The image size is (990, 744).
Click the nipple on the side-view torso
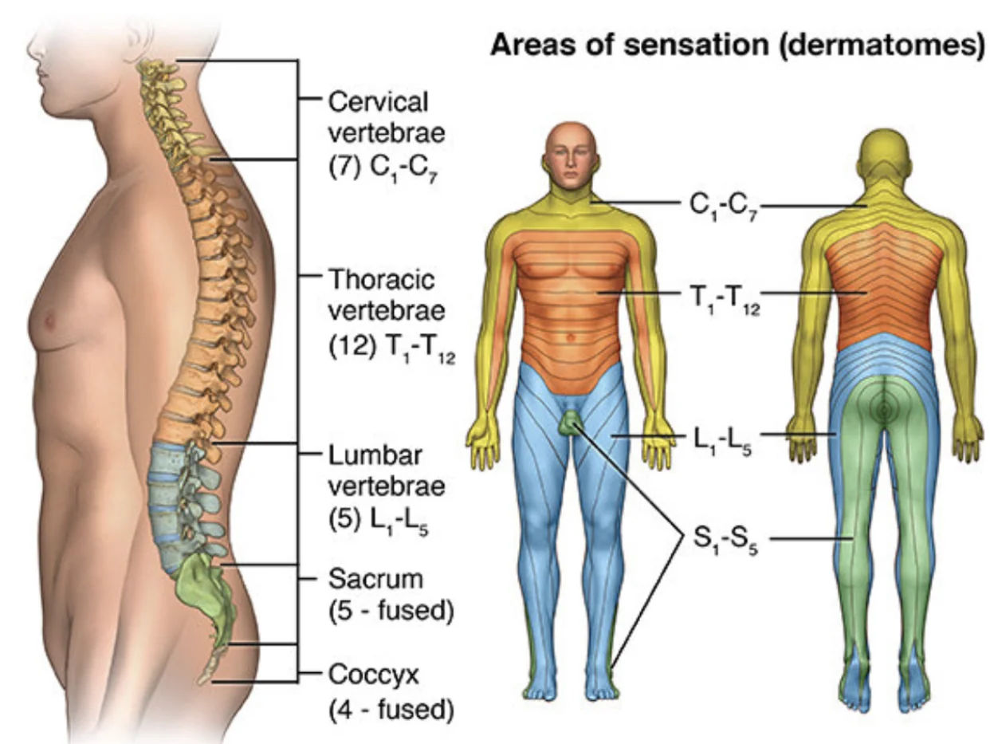click(51, 321)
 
